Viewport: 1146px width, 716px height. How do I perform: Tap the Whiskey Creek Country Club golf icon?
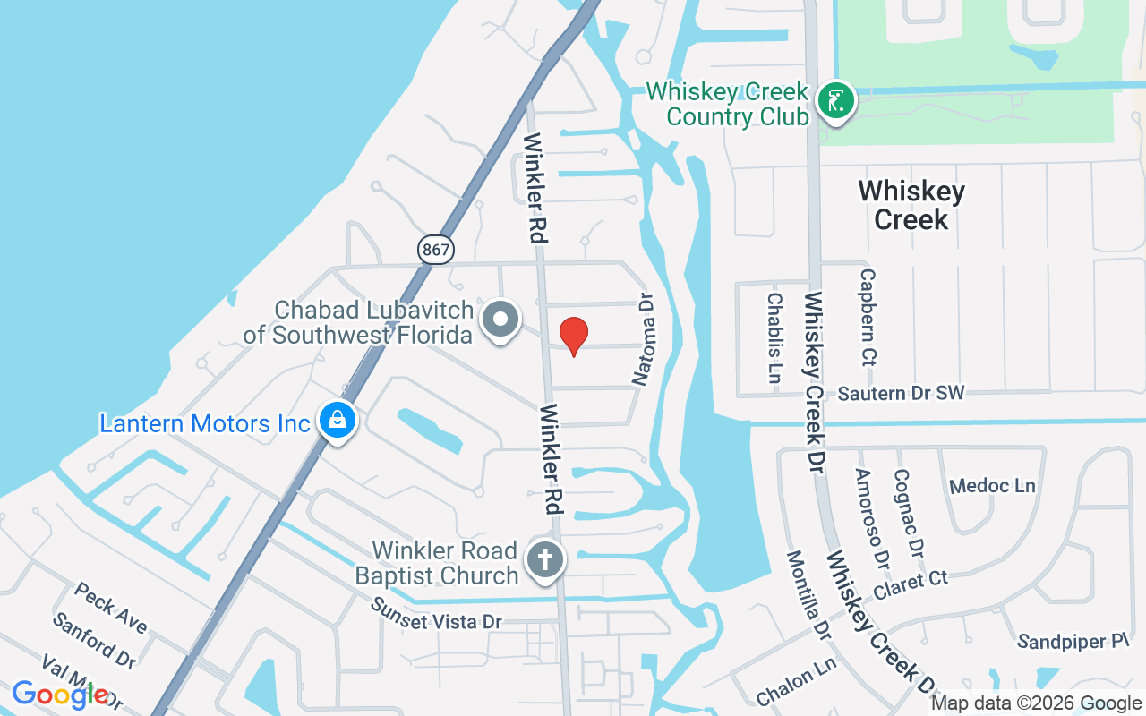tap(835, 100)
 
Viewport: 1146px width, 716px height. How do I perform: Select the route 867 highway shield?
tap(436, 249)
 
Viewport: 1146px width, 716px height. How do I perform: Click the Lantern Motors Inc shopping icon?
tap(338, 421)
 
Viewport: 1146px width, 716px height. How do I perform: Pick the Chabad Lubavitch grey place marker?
tap(501, 320)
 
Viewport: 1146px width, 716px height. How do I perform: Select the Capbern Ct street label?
tap(868, 318)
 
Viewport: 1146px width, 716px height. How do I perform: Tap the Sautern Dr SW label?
tap(901, 393)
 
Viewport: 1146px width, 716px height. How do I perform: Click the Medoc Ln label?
tap(992, 486)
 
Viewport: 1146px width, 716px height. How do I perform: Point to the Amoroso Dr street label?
tap(870, 519)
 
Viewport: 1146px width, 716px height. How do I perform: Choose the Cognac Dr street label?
tap(908, 512)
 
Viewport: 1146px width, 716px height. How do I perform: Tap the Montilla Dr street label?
tap(808, 594)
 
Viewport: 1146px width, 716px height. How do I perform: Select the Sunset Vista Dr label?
tap(438, 612)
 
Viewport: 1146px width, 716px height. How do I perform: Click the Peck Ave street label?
tap(111, 608)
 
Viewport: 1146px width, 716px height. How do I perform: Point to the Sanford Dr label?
tap(93, 640)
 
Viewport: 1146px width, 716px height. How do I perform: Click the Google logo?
tap(61, 695)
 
